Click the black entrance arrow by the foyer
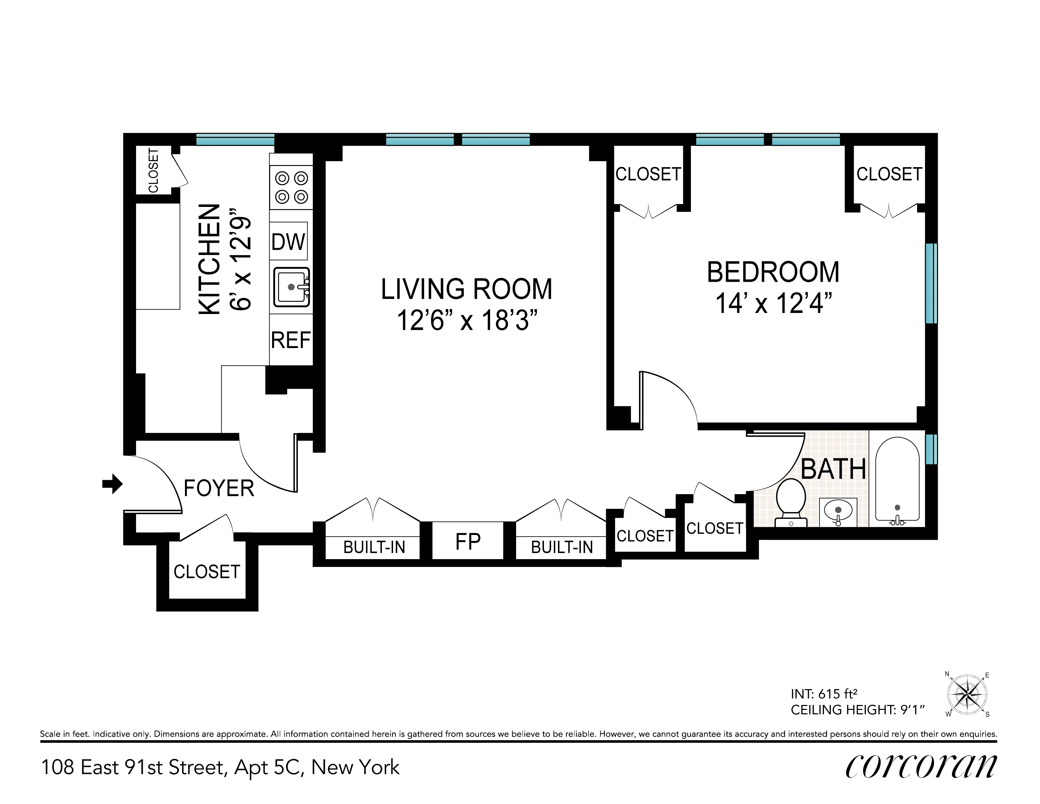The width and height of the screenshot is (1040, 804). [112, 484]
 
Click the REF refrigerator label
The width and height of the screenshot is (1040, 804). [291, 340]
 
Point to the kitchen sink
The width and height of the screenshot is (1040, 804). [291, 287]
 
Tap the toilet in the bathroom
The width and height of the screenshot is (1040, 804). [791, 502]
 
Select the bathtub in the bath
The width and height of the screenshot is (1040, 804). [897, 480]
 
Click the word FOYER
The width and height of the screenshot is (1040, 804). [219, 489]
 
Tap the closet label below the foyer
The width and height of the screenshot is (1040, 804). [207, 571]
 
